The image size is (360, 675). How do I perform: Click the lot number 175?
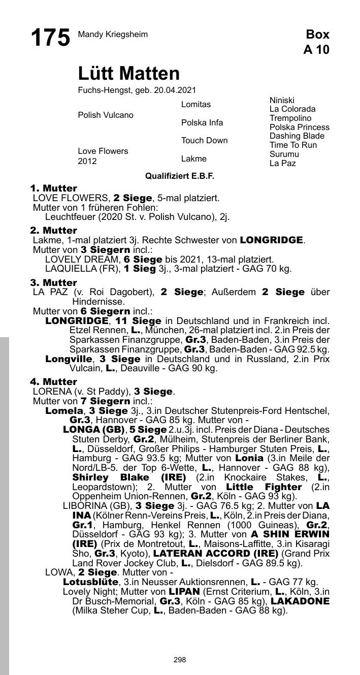[50, 38]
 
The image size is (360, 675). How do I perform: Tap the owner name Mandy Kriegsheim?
[113, 35]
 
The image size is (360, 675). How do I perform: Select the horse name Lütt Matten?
[129, 74]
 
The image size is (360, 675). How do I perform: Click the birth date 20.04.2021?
[176, 90]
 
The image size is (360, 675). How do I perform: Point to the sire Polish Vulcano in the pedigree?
[106, 115]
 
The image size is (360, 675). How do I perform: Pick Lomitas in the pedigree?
[196, 104]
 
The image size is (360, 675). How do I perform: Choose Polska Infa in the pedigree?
[202, 122]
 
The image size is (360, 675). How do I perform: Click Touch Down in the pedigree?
[205, 141]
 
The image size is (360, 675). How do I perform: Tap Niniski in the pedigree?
[282, 100]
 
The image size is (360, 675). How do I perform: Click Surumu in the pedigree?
[284, 154]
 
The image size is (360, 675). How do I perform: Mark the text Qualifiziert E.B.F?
[180, 176]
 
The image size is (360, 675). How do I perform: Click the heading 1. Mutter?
[54, 188]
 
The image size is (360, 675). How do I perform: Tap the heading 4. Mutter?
[54, 381]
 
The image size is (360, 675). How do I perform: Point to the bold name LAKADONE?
[300, 601]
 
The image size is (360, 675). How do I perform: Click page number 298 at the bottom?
[180, 660]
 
